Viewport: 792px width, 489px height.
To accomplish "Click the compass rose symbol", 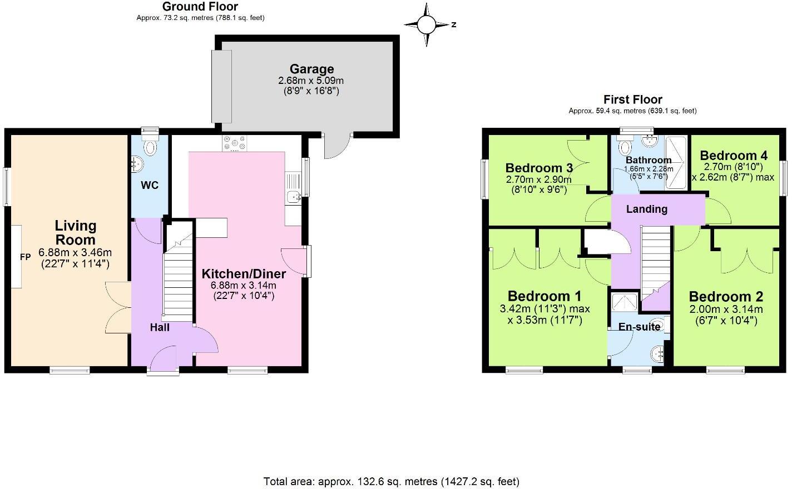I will [x=427, y=24].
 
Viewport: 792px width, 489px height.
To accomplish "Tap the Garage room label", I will [x=311, y=69].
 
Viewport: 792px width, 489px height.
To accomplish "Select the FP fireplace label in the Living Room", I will [x=25, y=257].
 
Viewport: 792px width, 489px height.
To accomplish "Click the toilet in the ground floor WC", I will [x=150, y=147].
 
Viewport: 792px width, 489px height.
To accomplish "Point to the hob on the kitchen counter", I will [x=234, y=143].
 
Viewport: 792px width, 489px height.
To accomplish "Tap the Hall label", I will [x=160, y=327].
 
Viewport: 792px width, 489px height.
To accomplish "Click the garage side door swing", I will [x=337, y=146].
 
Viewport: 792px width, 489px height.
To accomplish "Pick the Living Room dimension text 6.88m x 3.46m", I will [x=75, y=252].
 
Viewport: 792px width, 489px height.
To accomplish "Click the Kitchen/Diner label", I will [x=244, y=273].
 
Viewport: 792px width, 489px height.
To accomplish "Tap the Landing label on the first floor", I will [x=646, y=209].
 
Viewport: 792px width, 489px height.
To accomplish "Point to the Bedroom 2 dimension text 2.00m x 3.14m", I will [x=726, y=310].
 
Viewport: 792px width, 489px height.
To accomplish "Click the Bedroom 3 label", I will [x=539, y=168].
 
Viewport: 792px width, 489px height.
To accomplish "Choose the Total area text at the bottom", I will [x=391, y=481].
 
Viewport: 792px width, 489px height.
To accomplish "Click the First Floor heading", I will [x=632, y=99].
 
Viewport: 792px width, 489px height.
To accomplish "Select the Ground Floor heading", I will [x=200, y=7].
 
